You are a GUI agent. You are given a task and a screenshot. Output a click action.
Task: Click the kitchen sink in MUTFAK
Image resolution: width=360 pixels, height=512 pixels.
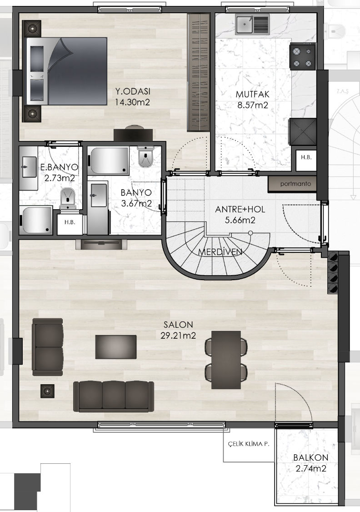click(x=252, y=24)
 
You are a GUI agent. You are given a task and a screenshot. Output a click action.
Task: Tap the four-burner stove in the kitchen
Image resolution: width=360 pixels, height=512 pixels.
click(x=303, y=57)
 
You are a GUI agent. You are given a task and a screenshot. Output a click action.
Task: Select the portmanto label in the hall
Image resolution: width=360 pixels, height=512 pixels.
click(x=295, y=184)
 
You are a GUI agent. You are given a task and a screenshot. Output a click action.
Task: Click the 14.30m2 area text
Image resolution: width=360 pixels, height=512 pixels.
click(x=132, y=102)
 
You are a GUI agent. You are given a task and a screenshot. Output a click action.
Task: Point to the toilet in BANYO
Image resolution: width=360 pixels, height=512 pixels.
click(x=145, y=156)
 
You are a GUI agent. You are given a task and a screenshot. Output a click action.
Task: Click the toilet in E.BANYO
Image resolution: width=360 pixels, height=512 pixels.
click(x=68, y=198)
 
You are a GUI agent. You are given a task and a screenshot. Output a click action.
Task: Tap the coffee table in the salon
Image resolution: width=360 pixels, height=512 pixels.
click(x=116, y=347)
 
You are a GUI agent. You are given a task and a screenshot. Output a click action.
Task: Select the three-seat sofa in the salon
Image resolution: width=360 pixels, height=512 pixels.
click(x=114, y=397)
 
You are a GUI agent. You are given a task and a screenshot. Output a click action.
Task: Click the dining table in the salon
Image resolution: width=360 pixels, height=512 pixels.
click(x=226, y=360)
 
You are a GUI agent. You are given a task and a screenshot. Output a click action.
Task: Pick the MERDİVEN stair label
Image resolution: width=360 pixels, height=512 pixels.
click(x=220, y=252)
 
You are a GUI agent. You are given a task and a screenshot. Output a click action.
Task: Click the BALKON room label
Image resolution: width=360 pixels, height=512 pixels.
click(x=311, y=457)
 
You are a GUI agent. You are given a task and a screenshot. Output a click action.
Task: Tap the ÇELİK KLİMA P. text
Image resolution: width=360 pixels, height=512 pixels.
click(x=249, y=444)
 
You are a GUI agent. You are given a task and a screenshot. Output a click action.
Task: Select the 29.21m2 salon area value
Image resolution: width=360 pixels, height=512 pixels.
click(x=178, y=336)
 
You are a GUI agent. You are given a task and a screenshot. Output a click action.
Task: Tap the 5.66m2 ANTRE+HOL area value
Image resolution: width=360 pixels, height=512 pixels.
click(x=240, y=220)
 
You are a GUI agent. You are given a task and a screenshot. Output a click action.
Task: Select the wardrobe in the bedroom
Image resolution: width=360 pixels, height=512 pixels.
click(x=198, y=72)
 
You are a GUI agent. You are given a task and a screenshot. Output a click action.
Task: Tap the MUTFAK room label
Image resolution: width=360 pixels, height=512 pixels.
click(x=253, y=95)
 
